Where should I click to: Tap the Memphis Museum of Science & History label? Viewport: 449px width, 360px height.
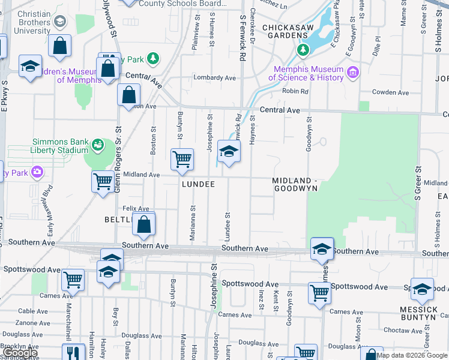click(306, 73)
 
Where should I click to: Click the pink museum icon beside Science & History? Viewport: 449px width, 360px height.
click(352, 73)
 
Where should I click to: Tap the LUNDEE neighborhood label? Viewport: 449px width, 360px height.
click(198, 185)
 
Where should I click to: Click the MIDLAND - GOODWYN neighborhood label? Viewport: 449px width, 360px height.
click(294, 184)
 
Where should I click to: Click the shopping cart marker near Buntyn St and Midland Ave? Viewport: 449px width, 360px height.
click(182, 160)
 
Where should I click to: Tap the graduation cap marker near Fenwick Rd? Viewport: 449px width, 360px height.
click(228, 151)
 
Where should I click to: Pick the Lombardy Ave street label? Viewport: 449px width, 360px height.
click(215, 78)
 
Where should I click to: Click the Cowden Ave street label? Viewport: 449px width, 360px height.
click(390, 92)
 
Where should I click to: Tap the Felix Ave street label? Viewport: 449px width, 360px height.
click(136, 209)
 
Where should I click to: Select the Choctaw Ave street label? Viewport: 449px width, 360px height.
click(403, 331)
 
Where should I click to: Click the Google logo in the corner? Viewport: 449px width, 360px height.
click(20, 353)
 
